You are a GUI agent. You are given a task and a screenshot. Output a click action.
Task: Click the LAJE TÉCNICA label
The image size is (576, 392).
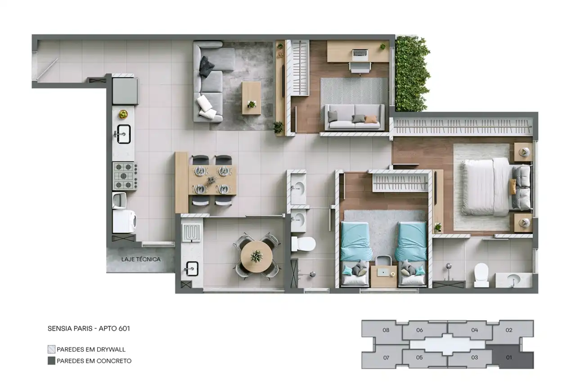coord(141,259)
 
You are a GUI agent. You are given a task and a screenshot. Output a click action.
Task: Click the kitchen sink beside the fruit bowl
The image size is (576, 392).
coord(123,134)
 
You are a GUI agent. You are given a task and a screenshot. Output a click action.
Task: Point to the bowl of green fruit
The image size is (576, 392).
coord(123,114)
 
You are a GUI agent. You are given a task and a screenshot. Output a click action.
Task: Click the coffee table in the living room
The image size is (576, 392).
coord(252,98)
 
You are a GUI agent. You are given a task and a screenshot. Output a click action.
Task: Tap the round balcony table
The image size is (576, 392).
coord(256,257)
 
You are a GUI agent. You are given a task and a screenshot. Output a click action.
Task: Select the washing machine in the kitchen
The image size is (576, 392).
coord(124,221)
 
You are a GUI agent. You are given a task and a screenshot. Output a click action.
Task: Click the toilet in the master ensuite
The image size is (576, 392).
coord(481,275)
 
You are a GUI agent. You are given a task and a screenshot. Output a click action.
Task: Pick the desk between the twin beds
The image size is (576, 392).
coord(383,276)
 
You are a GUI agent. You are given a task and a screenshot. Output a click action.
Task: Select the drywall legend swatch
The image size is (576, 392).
coord(51,349)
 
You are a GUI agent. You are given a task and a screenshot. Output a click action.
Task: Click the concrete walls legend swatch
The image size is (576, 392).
coord(51,361)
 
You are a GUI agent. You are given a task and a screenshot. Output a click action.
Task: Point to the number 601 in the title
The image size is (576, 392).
coord(124,329)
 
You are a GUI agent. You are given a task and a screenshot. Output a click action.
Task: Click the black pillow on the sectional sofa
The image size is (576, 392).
coord(207,66)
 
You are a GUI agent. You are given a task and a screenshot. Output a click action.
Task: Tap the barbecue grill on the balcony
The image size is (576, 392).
coord(192,232)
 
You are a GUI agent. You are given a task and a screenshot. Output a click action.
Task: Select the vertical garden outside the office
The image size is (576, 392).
coord(412,73)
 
